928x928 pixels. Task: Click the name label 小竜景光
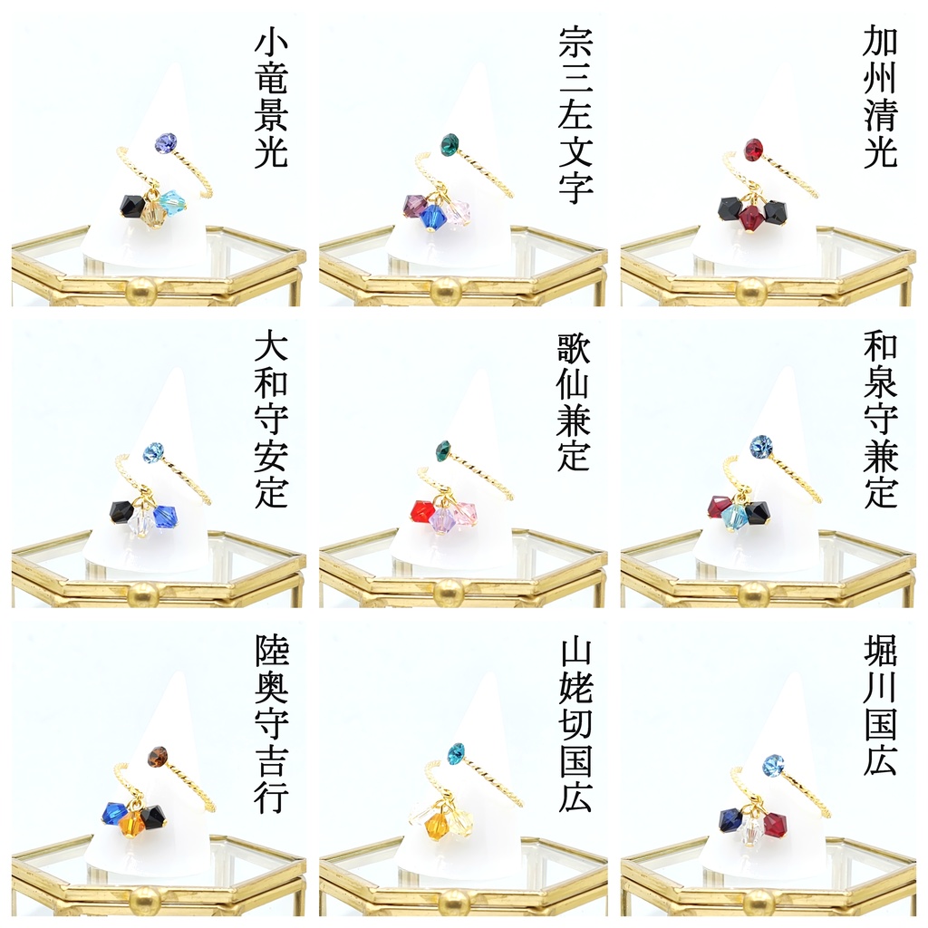[x=270, y=99]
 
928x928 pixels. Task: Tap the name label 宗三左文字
[x=575, y=115]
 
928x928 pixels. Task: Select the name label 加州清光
[x=880, y=97]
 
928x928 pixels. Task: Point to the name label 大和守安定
[x=271, y=420]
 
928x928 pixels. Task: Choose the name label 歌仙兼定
[x=574, y=401]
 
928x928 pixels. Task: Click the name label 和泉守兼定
[x=881, y=420]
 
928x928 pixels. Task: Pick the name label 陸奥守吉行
[x=272, y=724]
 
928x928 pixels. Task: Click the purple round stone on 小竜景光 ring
[x=163, y=142]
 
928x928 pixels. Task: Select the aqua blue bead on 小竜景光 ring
[x=173, y=202]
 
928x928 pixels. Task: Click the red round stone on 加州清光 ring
[x=753, y=147]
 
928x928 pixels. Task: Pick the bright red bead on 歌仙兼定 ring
[x=422, y=511]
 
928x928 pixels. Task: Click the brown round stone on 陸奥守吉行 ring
[x=158, y=756]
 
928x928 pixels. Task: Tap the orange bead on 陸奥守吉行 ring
[x=131, y=821]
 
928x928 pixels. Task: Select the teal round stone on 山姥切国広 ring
[x=456, y=753]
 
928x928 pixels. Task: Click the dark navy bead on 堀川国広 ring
[x=731, y=819]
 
